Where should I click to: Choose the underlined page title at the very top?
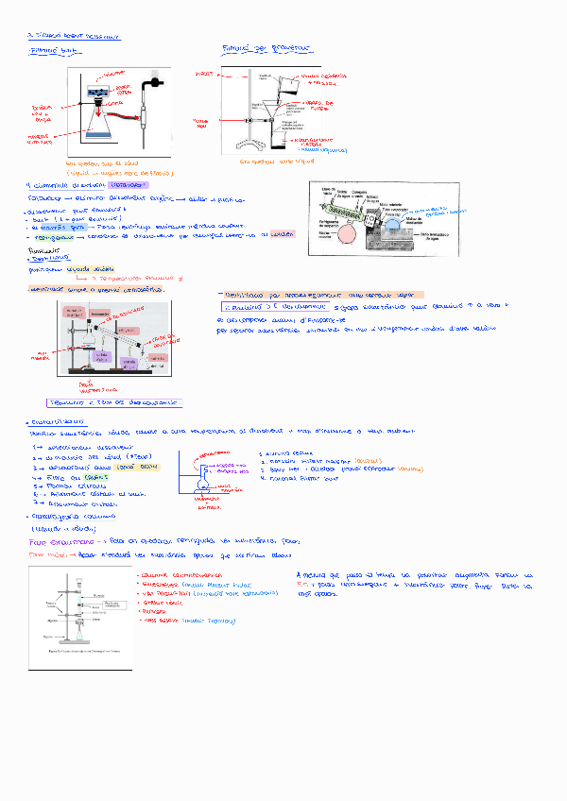(x=73, y=35)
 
